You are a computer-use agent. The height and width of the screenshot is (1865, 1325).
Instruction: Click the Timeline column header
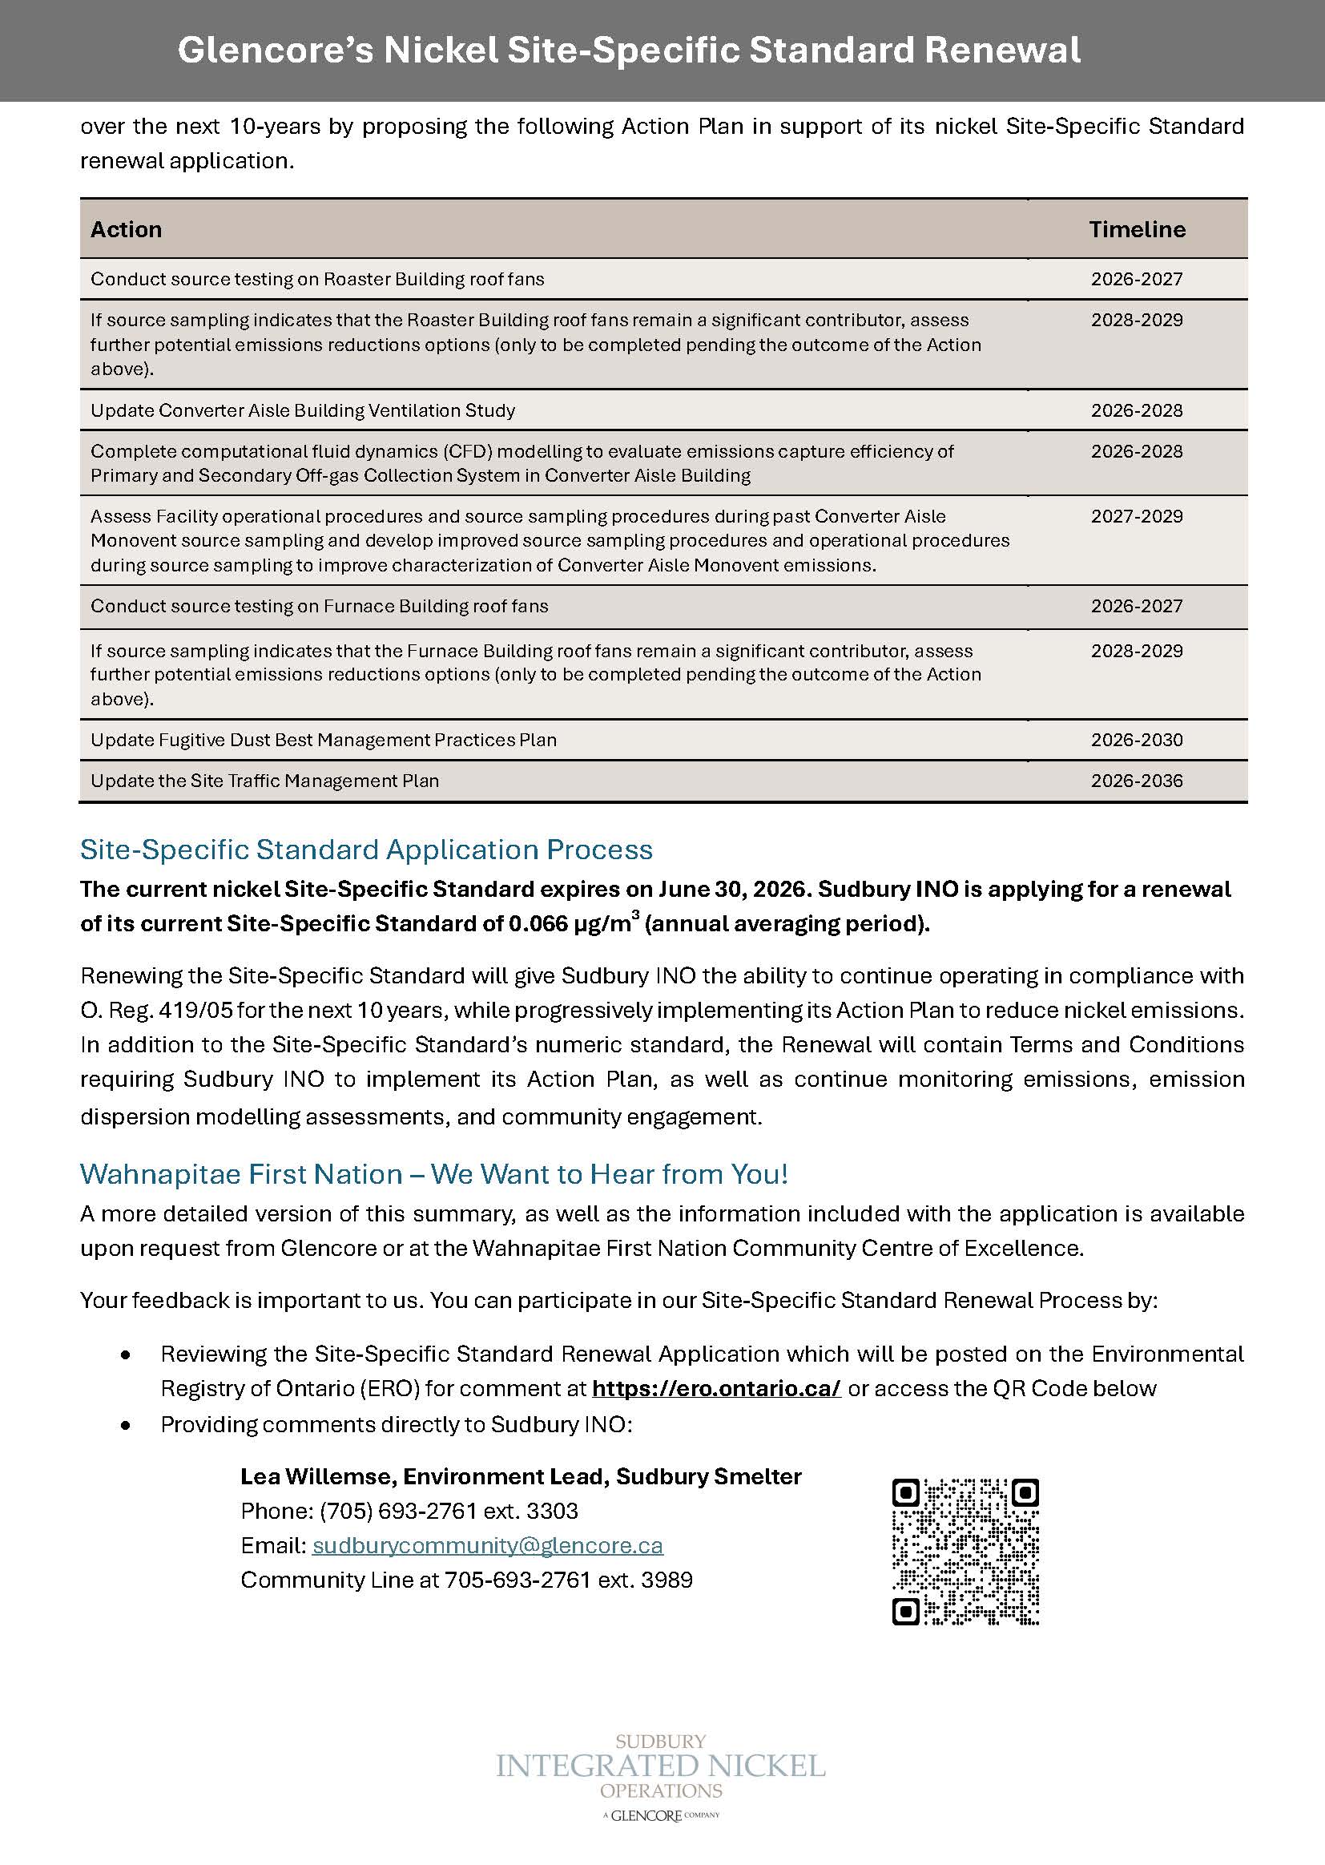click(x=1137, y=229)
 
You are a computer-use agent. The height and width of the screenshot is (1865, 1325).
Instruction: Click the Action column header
click(x=127, y=229)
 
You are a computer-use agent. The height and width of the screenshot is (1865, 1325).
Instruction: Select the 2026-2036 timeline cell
click(x=1137, y=781)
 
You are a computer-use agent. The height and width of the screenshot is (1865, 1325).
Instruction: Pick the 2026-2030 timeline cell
click(x=1137, y=740)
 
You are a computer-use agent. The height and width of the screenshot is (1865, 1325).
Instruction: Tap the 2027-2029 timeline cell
click(x=1137, y=516)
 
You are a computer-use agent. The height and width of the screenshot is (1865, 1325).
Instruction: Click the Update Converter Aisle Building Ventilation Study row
click(x=303, y=410)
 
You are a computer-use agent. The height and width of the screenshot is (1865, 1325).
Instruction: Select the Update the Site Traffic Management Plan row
click(x=265, y=781)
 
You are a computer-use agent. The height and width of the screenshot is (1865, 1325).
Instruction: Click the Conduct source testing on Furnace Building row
click(x=319, y=606)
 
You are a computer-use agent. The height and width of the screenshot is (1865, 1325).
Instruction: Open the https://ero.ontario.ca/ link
click(x=715, y=1388)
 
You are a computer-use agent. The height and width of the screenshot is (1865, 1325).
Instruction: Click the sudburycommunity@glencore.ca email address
click(x=487, y=1545)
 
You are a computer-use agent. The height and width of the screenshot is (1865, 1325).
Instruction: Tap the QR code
click(x=965, y=1551)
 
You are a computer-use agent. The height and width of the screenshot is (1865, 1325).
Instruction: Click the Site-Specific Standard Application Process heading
click(x=366, y=850)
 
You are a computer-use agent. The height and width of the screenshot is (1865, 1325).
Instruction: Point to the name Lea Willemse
click(x=313, y=1476)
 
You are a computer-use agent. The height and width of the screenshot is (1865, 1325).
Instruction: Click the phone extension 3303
click(x=553, y=1511)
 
